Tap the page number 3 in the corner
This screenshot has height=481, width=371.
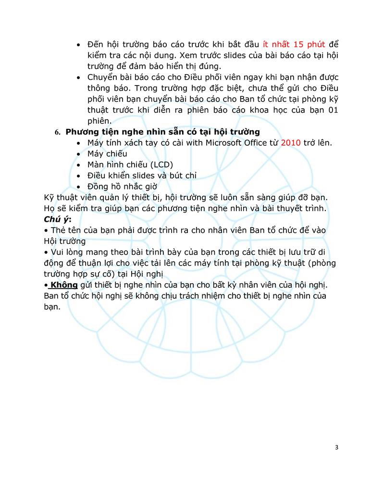pos(336,447)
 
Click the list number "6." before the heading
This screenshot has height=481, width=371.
pos(58,132)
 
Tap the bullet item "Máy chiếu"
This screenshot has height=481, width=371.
pos(107,153)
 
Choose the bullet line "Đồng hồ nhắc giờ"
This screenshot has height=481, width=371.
pos(123,187)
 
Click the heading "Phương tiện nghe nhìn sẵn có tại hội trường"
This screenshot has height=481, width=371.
pos(162,132)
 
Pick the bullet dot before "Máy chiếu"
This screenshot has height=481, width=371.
pos(79,154)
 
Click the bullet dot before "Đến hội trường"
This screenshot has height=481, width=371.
pos(79,45)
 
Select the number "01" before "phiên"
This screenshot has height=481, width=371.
pos(333,110)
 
